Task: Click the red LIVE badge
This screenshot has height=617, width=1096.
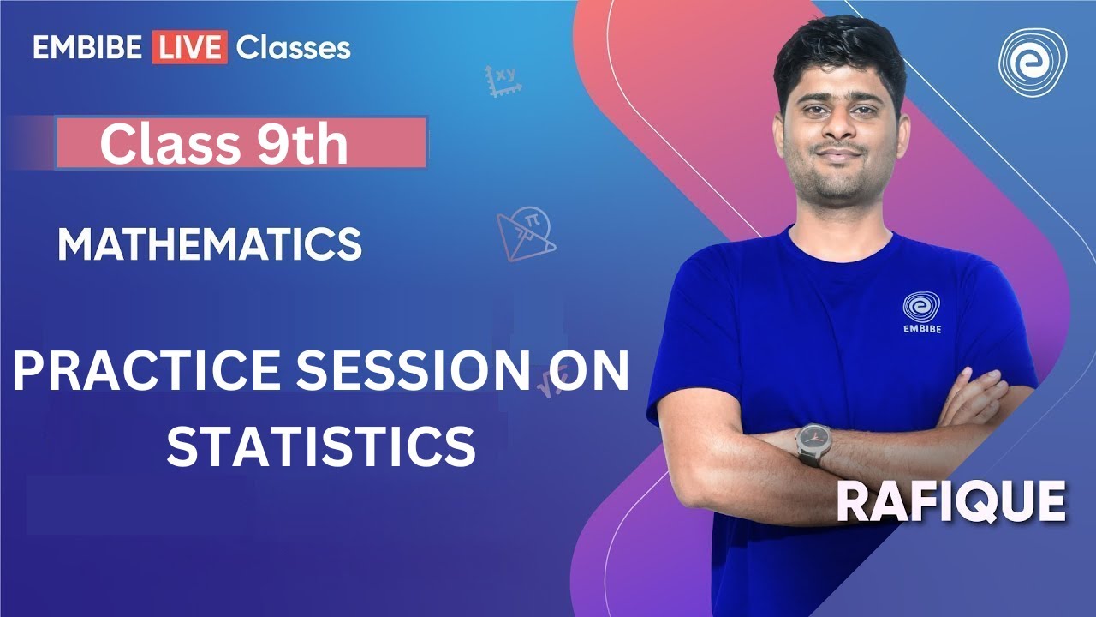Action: pos(189,47)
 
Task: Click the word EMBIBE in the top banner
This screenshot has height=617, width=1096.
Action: pos(88,47)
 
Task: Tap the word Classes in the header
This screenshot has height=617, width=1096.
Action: pos(293,47)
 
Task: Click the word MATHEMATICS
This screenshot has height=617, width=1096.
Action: pos(209,245)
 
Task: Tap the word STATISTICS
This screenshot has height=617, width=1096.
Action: pos(321,446)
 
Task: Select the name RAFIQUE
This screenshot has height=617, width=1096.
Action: pos(950,503)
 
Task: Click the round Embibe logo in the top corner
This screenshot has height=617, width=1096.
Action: pos(1032,63)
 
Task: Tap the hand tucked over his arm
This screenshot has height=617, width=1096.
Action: pos(976,398)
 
